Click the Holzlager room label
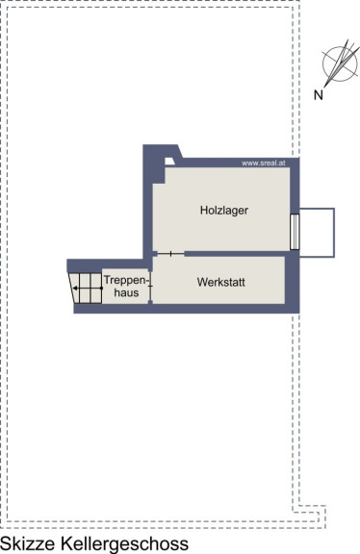coord(224,211)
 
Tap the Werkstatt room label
coord(221,282)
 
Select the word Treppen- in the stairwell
coord(125,281)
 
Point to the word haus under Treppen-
coord(126,292)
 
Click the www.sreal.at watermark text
coord(264,164)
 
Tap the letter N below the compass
coord(319,94)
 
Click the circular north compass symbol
coord(340,63)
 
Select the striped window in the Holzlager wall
coord(295,232)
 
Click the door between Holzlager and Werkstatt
coord(170,254)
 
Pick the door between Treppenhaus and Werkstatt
coord(150,286)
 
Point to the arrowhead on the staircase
coord(75,289)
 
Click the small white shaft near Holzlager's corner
coord(169,162)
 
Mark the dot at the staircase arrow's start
coord(101,289)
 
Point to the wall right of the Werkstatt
coord(292,282)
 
